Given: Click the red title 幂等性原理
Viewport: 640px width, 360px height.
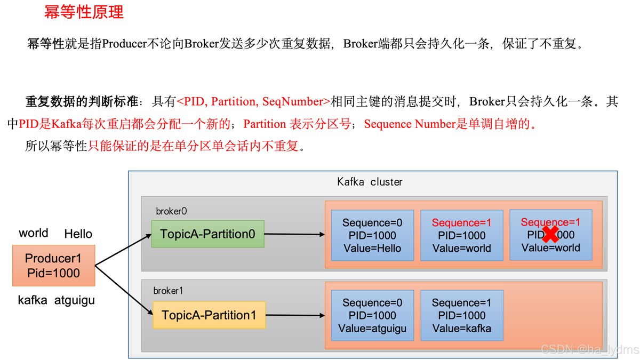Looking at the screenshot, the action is click(84, 12).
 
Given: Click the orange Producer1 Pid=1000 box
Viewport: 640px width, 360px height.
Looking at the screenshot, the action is click(54, 266).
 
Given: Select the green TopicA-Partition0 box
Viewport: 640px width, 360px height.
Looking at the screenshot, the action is click(207, 234).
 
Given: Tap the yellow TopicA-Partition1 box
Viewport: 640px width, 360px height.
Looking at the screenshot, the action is click(209, 315).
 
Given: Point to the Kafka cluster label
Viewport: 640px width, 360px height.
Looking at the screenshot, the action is click(370, 182).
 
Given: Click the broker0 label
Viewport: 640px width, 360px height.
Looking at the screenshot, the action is click(171, 211).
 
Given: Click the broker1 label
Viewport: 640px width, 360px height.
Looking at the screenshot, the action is click(168, 291).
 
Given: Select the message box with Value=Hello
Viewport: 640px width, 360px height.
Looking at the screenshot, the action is click(372, 235).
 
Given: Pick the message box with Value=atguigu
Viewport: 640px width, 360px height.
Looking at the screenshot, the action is click(372, 315).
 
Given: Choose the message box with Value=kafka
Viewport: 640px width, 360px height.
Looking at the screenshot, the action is click(462, 315).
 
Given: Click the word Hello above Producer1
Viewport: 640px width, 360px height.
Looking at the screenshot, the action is click(78, 234).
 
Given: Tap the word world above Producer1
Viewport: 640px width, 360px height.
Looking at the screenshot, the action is click(34, 233).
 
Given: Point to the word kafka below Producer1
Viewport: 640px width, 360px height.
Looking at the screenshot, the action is click(33, 300).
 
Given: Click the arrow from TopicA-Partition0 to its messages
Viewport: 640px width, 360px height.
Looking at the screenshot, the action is click(294, 234).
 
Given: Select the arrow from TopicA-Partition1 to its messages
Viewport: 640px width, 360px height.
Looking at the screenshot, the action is click(295, 315).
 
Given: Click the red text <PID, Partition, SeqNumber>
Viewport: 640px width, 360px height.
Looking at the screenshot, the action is click(253, 101).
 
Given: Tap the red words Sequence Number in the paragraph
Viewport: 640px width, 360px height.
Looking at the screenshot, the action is click(410, 124).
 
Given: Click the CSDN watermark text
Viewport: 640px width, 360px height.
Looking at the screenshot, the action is click(590, 349).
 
